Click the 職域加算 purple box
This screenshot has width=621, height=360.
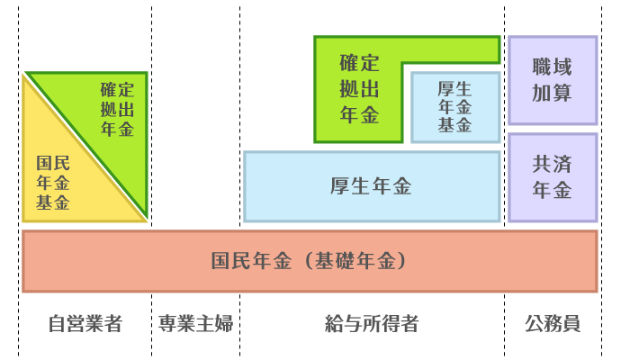pyautogui.click(x=552, y=80)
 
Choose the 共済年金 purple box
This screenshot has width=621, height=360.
pyautogui.click(x=552, y=177)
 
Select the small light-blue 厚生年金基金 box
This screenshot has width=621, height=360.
pyautogui.click(x=455, y=107)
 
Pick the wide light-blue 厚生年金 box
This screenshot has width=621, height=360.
pyautogui.click(x=372, y=186)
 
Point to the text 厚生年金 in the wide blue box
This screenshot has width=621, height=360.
pyautogui.click(x=371, y=186)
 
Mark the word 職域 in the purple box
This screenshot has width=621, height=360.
pyautogui.click(x=552, y=67)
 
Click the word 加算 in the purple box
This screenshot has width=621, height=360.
pyautogui.click(x=552, y=93)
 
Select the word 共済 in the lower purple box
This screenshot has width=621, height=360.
pyautogui.click(x=552, y=165)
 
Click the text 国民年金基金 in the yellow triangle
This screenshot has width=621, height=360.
pyautogui.click(x=53, y=183)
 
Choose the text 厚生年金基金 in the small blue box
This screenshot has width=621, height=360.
pyautogui.click(x=455, y=107)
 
